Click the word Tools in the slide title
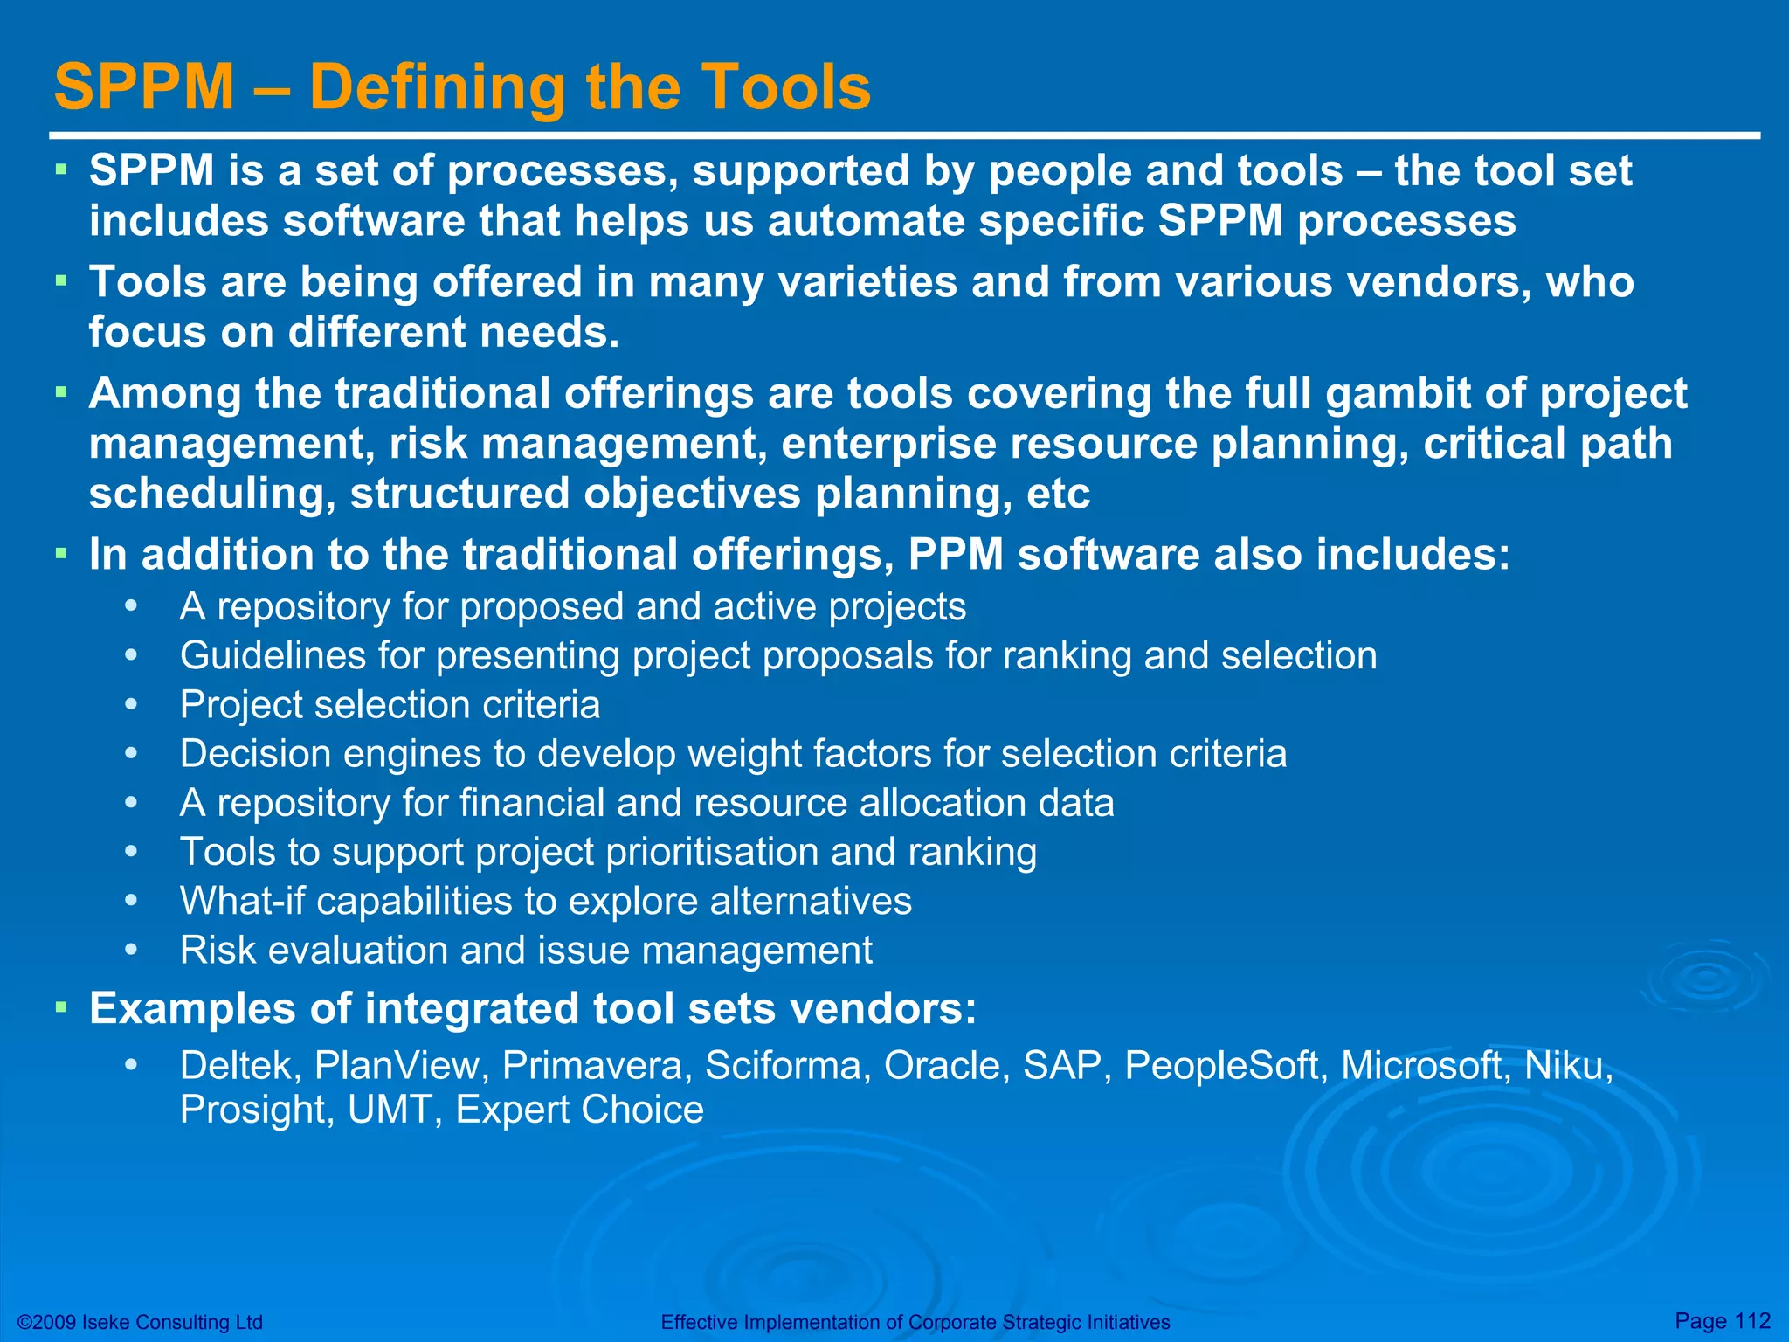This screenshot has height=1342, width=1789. coord(786,87)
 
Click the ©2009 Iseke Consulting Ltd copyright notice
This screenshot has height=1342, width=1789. coord(140,1322)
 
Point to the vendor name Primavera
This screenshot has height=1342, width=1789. coord(592,1066)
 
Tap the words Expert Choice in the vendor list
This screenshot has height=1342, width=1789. coord(579,1110)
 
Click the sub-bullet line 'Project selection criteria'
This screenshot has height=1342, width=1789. coord(390,705)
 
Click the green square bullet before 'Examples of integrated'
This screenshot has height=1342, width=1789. coord(61,1007)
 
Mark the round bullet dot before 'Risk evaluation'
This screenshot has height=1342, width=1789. coord(131,950)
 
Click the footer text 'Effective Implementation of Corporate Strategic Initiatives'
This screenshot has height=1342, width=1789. coord(915,1322)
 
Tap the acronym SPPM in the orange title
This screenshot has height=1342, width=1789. coord(144,87)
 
